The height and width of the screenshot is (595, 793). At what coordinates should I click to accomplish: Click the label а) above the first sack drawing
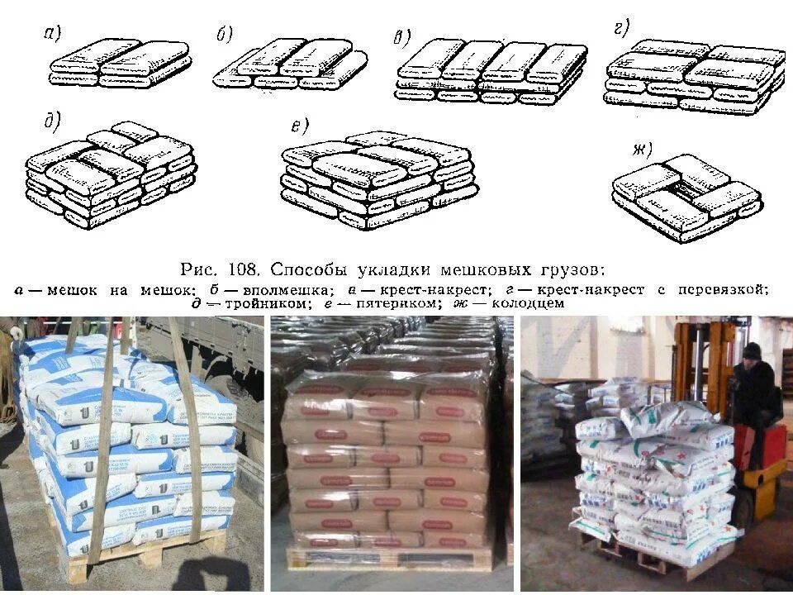(x=52, y=34)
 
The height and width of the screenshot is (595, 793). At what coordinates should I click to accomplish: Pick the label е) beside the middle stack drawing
(x=299, y=126)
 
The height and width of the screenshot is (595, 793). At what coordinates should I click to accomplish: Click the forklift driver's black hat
(x=751, y=351)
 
